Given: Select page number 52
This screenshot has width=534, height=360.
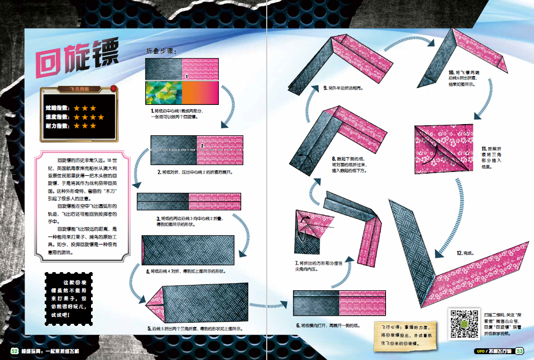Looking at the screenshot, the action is pyautogui.click(x=14, y=350).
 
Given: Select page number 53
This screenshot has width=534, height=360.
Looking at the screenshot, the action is pyautogui.click(x=520, y=350).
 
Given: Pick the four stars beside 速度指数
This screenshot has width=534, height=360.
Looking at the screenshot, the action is pyautogui.click(x=89, y=117).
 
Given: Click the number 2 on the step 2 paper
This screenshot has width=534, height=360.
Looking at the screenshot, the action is pyautogui.click(x=202, y=145).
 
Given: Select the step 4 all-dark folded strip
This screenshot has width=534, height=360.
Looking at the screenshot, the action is pyautogui.click(x=188, y=251).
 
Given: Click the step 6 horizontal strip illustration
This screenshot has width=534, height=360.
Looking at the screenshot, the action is pyautogui.click(x=339, y=302).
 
